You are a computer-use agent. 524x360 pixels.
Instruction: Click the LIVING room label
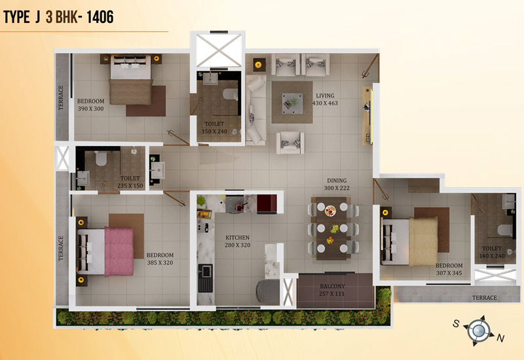[x=325, y=96]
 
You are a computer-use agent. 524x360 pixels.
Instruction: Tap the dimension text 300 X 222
[x=337, y=188]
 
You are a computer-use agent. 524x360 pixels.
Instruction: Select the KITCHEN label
[x=237, y=238]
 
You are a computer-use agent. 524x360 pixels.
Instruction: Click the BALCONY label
[x=332, y=286]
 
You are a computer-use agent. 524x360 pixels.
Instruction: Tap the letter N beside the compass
[x=500, y=338]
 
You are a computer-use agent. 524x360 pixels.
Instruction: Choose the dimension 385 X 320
[x=160, y=263]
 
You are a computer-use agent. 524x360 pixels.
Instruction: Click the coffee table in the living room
[x=292, y=103]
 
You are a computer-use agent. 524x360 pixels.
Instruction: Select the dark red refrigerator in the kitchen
[x=267, y=204]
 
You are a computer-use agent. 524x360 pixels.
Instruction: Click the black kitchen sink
[x=205, y=278]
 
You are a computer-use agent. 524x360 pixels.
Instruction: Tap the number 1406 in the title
[x=100, y=17]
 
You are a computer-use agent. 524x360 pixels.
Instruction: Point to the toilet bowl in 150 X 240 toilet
[x=231, y=94]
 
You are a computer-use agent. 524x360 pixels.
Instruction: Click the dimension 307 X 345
[x=449, y=273]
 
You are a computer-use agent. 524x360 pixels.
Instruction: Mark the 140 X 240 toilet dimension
[x=492, y=256]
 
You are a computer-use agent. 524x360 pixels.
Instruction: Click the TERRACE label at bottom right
[x=484, y=298]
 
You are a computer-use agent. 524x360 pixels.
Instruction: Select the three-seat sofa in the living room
[x=256, y=109]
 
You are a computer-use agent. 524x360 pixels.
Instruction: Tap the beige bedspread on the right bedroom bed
[x=423, y=241]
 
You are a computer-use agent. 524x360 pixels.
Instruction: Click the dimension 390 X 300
[x=90, y=109]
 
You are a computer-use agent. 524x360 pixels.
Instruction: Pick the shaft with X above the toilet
[x=219, y=50]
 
